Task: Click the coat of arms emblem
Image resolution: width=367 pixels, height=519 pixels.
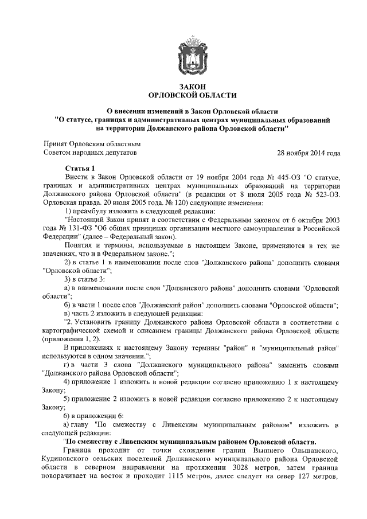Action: point(183,52)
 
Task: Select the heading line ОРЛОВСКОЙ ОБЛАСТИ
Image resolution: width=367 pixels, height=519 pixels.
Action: point(183,95)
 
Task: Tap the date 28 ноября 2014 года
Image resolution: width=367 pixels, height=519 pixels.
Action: point(309,153)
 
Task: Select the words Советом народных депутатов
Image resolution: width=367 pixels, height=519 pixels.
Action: point(91,153)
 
